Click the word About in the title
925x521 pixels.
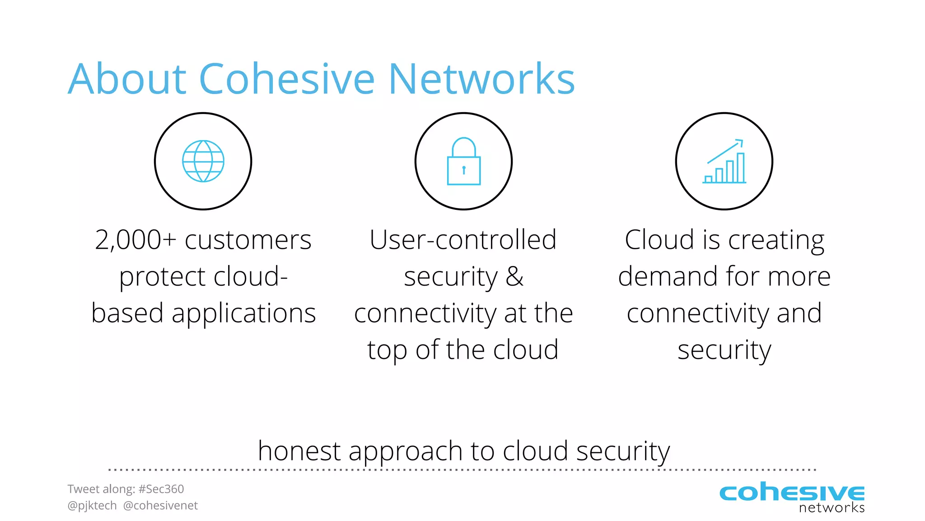tap(127, 79)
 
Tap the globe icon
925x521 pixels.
tap(203, 161)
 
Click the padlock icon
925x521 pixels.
tap(464, 161)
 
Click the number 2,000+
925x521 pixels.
tap(135, 240)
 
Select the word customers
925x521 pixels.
tap(248, 240)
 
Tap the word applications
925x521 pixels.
tap(243, 314)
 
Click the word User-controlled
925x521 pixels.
tap(463, 240)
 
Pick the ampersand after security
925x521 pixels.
tap(514, 276)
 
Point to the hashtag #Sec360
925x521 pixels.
tap(161, 489)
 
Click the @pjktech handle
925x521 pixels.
tap(92, 506)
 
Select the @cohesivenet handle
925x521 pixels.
tap(160, 506)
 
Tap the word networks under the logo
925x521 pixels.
tap(832, 508)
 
